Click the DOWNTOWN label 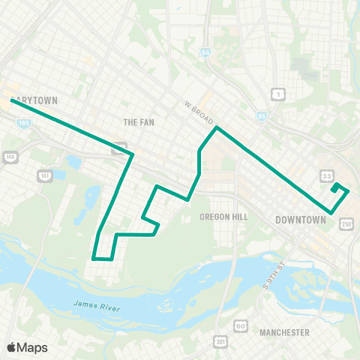[x=301, y=220]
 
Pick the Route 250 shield [x=346, y=223]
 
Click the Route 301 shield [x=219, y=342]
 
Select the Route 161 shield [x=43, y=175]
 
